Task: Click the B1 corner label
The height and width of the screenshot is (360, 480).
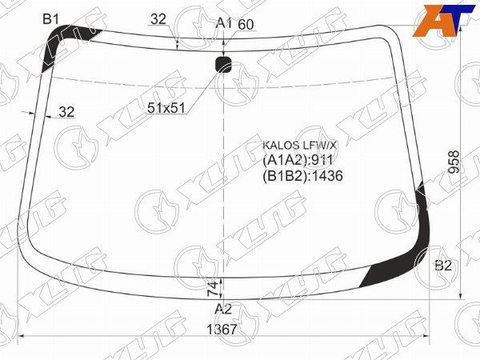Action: click(51, 18)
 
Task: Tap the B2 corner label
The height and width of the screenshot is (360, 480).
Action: click(443, 266)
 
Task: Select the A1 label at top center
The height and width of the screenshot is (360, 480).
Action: click(224, 23)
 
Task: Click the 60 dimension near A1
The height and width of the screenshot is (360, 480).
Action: click(246, 25)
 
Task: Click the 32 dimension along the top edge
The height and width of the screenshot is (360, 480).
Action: click(158, 19)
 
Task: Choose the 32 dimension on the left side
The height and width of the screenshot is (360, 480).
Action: click(66, 112)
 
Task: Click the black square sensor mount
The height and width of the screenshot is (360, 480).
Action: click(224, 65)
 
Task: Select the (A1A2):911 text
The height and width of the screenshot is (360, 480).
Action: click(297, 160)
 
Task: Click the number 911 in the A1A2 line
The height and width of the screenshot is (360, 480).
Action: click(321, 160)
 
